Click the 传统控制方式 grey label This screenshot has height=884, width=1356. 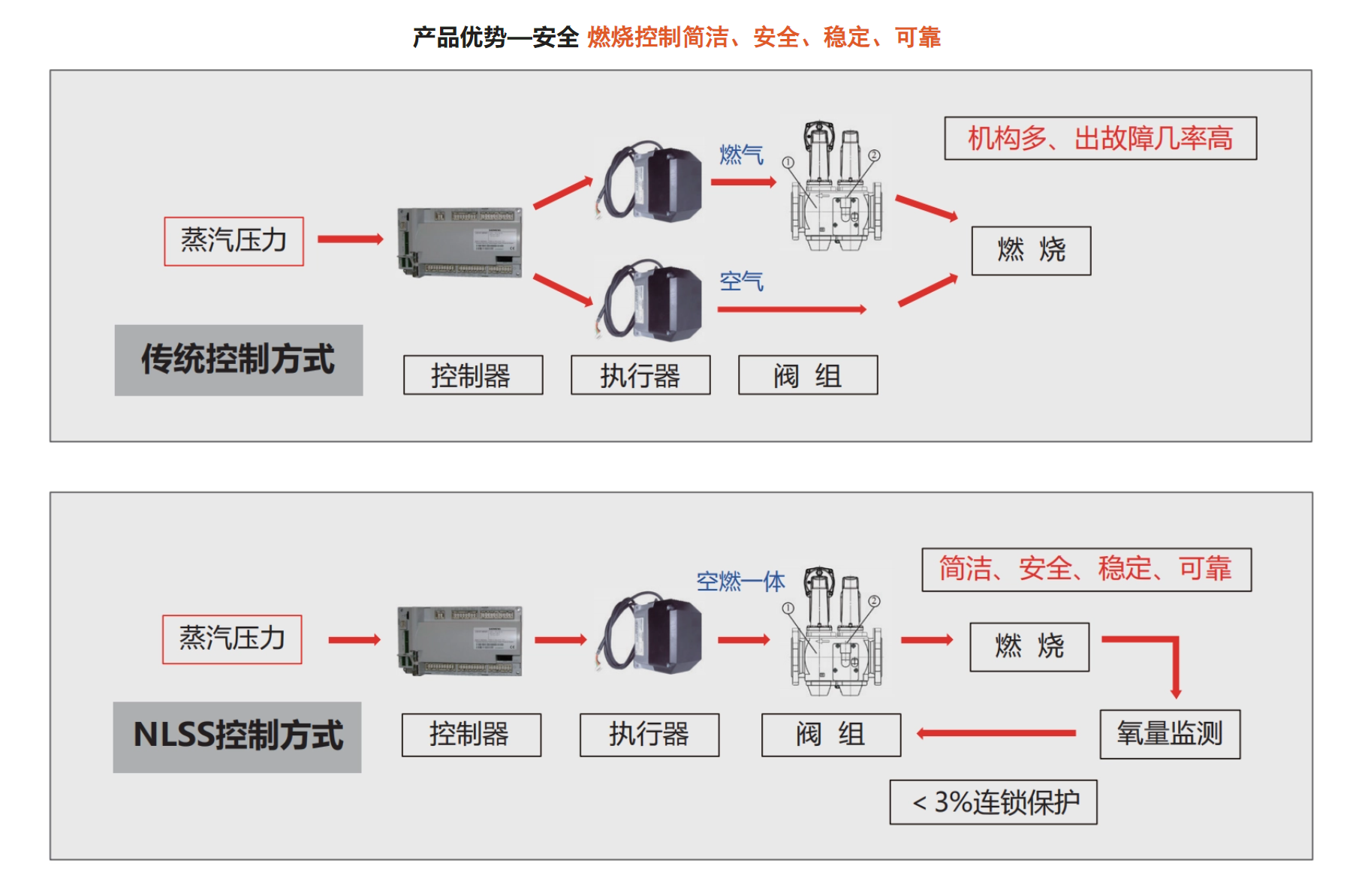click(x=238, y=359)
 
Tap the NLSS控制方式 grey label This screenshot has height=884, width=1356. click(x=237, y=736)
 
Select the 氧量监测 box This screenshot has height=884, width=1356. click(x=1169, y=734)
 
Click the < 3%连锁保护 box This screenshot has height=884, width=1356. click(x=993, y=802)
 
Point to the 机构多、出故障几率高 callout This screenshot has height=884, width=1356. click(x=1100, y=138)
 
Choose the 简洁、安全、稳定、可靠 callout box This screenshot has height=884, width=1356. click(x=1086, y=570)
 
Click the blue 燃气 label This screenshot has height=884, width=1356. click(x=741, y=155)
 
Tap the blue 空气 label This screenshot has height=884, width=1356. click(x=741, y=281)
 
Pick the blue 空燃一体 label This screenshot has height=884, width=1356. click(x=740, y=581)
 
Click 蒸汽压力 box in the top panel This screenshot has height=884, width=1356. click(x=234, y=241)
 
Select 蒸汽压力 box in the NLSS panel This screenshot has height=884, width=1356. click(x=232, y=639)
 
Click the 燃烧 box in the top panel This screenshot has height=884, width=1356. click(x=1031, y=251)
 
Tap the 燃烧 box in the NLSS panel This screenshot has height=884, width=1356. click(x=1029, y=646)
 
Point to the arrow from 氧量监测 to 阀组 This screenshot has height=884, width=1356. click(x=996, y=733)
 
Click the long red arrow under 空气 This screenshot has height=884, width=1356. click(x=791, y=309)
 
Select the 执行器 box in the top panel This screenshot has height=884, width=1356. click(x=640, y=375)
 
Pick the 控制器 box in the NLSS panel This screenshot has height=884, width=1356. click(x=471, y=735)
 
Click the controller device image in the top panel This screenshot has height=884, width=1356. click(x=460, y=242)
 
